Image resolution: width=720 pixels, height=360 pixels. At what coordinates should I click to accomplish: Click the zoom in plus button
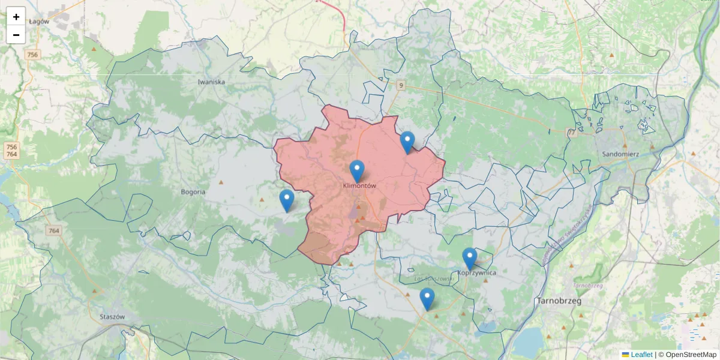pos(16,17)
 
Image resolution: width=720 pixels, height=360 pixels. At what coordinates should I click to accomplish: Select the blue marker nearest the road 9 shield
pos(407,142)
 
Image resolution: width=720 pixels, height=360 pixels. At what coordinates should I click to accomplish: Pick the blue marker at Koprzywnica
pos(470,259)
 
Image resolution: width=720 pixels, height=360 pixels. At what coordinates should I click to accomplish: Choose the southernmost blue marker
pos(427,299)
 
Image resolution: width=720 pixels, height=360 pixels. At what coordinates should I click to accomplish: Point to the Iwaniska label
pos(211,82)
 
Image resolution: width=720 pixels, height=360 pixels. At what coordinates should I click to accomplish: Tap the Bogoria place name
pos(193,192)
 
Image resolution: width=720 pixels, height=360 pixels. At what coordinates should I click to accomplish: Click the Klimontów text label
pos(359,186)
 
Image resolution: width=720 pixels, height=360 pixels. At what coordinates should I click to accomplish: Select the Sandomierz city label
pos(620,154)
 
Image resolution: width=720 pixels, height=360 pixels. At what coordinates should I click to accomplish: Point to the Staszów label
pos(112,317)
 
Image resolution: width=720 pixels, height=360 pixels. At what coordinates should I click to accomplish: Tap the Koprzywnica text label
pos(477,272)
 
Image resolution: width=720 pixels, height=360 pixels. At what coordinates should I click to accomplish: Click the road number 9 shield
pos(400,86)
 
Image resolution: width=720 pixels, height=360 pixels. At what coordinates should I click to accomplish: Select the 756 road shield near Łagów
pos(32,55)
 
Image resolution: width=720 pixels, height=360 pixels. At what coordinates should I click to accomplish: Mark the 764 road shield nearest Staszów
pos(55,230)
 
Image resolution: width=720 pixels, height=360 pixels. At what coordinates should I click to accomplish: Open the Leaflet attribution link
pos(641,355)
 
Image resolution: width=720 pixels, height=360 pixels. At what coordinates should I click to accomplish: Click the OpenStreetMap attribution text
pos(691,355)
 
